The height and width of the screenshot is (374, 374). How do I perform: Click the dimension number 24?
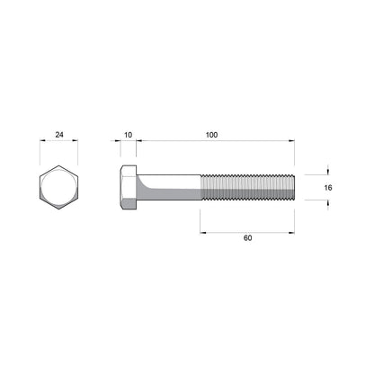(59, 135)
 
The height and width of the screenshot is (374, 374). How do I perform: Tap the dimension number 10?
(128, 135)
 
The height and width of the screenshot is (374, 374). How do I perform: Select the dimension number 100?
(211, 135)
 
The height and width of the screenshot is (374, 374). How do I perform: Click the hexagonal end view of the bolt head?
(59, 188)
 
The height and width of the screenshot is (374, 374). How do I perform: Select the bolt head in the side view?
(128, 188)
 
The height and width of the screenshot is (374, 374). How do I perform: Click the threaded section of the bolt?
(247, 188)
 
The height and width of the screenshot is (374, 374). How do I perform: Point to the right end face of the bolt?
(294, 188)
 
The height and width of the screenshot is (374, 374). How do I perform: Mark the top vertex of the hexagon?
(59, 165)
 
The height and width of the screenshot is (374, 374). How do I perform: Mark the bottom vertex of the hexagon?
(59, 210)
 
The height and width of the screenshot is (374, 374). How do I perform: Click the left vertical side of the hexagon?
(40, 188)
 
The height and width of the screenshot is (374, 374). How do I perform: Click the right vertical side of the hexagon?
(78, 188)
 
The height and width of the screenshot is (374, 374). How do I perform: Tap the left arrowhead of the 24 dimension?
(43, 141)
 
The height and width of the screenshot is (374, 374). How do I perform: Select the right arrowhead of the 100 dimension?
(291, 141)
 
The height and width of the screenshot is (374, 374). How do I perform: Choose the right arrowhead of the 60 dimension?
(291, 231)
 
